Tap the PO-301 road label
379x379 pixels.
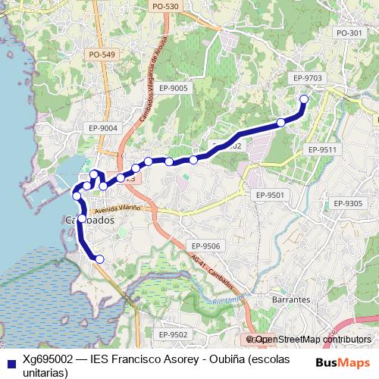coord(349,33)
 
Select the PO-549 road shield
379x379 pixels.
coord(102,55)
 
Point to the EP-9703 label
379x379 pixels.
coord(307,78)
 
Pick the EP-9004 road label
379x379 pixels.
coord(102,128)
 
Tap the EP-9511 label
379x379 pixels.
coord(321,150)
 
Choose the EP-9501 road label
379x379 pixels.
coord(270,195)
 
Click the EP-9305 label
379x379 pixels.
coord(348,203)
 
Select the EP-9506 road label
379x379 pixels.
coord(205,246)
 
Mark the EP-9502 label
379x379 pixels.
coord(173,334)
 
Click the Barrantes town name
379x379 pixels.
coord(291,300)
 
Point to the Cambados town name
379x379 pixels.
coord(89,221)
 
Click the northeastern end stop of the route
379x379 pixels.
coord(305,99)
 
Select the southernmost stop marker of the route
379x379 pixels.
coord(99,260)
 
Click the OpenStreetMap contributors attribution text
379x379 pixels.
coord(313,340)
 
